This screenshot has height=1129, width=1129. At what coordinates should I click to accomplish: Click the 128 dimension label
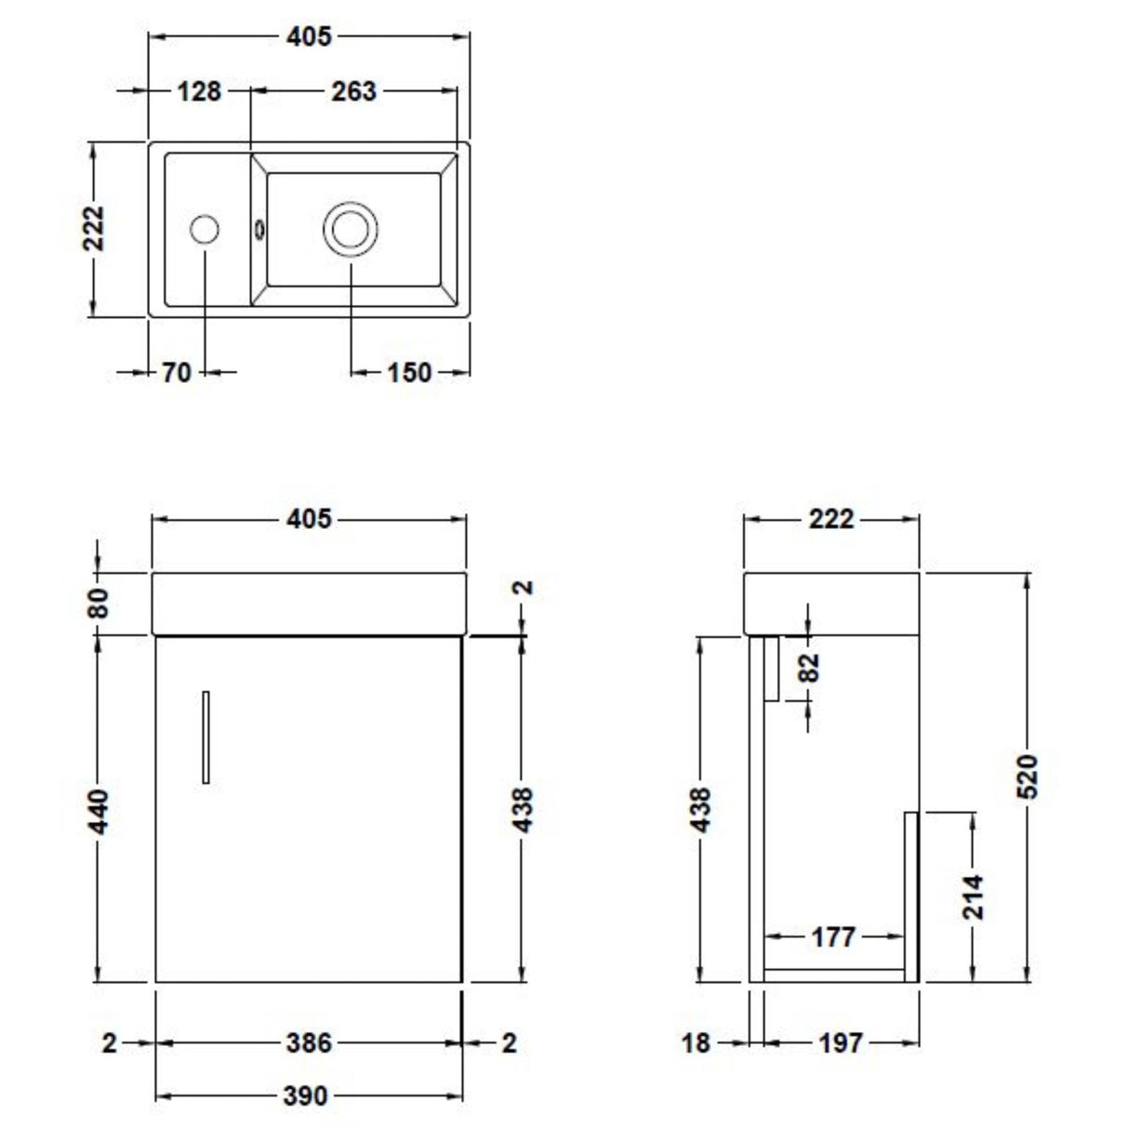199,91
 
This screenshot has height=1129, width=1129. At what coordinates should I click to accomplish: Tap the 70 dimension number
176,372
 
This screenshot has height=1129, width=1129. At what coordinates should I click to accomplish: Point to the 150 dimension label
408,372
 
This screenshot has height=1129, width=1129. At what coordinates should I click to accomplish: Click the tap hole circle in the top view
204,228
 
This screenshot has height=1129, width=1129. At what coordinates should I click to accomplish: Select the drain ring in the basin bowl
351,228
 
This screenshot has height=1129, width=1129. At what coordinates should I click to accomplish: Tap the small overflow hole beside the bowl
259,226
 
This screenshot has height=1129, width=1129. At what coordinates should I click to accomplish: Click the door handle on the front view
206,737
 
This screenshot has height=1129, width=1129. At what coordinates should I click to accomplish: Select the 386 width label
307,1043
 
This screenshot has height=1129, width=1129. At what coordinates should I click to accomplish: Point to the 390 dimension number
305,1096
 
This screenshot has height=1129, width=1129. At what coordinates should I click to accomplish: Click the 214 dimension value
973,896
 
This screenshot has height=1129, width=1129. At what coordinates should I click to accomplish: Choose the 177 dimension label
832,936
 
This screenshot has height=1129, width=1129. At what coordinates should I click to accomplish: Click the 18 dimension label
696,1043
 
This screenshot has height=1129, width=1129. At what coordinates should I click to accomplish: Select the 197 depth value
840,1043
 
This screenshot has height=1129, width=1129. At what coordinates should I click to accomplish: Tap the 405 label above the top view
308,36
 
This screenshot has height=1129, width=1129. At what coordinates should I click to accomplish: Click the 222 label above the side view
830,518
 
